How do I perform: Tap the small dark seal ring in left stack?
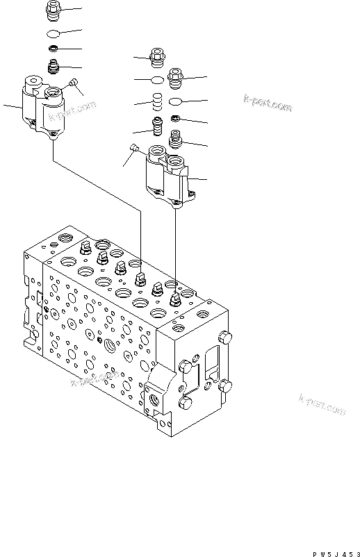54,49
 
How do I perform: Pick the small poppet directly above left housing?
54,67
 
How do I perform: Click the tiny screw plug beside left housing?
73,85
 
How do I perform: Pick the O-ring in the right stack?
177,101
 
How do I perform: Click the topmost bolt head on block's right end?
223,338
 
